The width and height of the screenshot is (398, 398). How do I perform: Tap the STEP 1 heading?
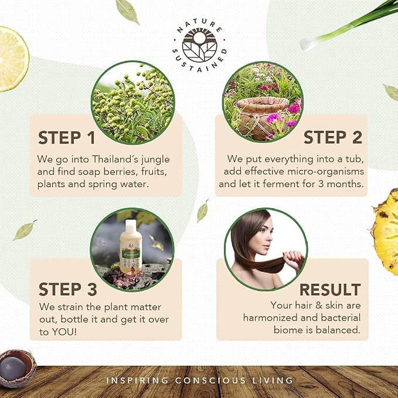click(x=66, y=138)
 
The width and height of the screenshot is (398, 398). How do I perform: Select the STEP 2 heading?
click(x=333, y=137)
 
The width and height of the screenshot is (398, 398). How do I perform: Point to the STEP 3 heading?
click(x=68, y=290)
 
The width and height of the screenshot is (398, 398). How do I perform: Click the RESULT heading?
click(x=330, y=290)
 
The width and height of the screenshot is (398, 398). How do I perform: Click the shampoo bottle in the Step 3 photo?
click(x=131, y=247)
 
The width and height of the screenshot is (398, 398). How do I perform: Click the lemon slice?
click(x=12, y=59)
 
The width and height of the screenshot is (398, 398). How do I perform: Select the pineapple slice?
click(x=385, y=232)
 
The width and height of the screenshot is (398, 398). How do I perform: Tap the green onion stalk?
click(x=348, y=25)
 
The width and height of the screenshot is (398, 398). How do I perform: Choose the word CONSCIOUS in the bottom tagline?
click(x=210, y=380)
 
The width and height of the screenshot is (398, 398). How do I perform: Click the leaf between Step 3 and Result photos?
click(x=203, y=211)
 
